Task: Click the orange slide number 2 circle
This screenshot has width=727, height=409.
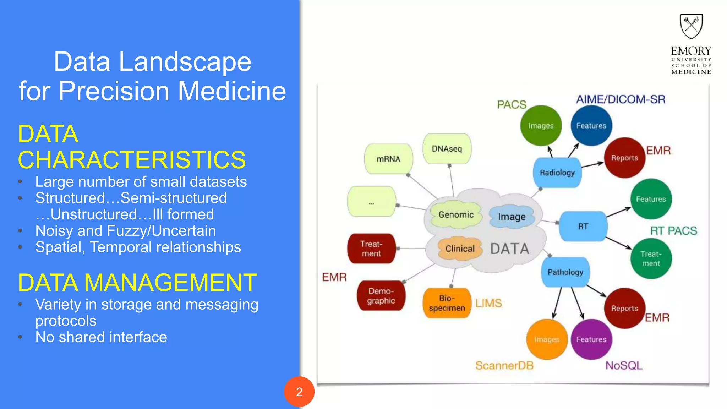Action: (x=299, y=392)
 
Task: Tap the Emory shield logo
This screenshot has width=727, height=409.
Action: (x=691, y=26)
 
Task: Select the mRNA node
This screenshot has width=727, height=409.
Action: (x=388, y=159)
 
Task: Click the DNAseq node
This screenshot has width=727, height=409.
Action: (x=447, y=149)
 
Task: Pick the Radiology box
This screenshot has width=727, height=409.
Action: (x=557, y=173)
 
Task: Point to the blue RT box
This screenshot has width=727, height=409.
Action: (x=583, y=226)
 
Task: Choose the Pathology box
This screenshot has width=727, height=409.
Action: (x=565, y=272)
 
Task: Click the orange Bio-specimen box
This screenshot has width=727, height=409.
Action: (x=447, y=303)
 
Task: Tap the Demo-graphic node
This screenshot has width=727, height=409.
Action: (x=381, y=296)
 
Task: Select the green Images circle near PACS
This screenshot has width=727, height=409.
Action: (x=541, y=126)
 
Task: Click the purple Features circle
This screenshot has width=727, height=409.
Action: (x=591, y=339)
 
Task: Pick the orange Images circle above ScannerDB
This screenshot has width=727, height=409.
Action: (x=547, y=339)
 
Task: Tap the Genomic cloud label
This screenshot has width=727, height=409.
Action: (x=456, y=214)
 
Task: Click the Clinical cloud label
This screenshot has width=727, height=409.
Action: (x=460, y=249)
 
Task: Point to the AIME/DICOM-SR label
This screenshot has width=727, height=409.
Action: (x=621, y=99)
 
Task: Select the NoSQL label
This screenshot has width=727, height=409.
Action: (x=624, y=365)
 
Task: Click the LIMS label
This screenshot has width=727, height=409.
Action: (x=488, y=303)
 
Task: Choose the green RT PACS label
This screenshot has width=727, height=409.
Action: (x=673, y=231)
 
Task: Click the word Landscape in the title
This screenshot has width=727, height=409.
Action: (x=185, y=62)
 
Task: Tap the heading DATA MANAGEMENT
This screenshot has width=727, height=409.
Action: (x=137, y=283)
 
